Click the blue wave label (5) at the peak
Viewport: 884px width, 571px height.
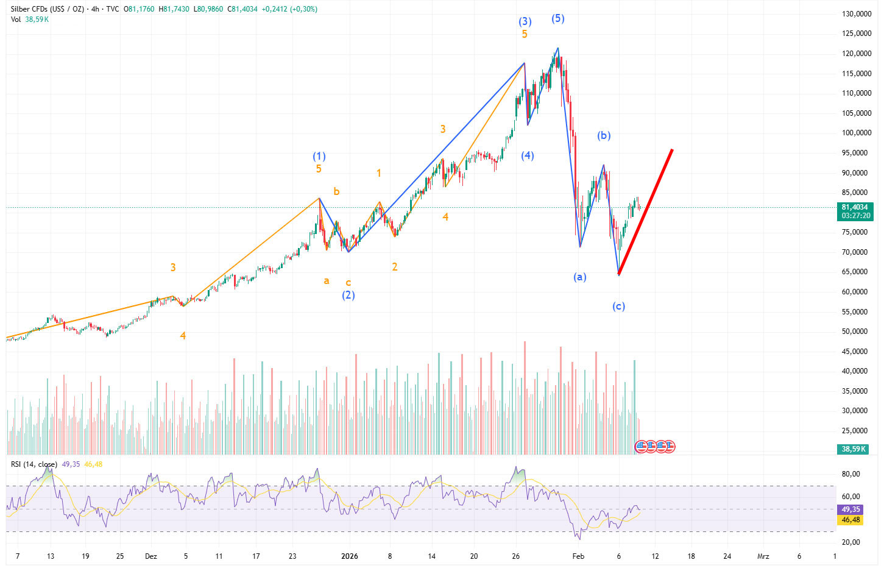558,19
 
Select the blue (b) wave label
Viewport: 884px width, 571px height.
604,136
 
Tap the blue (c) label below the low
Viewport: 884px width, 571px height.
618,307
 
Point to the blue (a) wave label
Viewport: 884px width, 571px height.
580,277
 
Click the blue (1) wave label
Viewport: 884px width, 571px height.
319,157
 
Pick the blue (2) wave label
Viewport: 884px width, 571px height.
348,296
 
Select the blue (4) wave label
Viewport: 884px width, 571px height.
528,156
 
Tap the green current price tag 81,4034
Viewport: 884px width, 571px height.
856,207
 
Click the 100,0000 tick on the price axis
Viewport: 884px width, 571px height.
856,133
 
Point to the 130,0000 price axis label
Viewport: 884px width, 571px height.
856,14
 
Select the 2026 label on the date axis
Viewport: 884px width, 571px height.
350,556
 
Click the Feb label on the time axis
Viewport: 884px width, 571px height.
578,556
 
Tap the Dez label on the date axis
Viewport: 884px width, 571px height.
151,556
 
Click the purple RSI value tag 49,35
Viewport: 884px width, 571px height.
851,509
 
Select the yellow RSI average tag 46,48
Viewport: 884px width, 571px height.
851,520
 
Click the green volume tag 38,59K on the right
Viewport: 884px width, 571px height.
854,449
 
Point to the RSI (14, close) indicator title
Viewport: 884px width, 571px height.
34,464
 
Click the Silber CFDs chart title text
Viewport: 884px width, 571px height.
46,9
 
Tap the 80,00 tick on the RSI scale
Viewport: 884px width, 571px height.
851,474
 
